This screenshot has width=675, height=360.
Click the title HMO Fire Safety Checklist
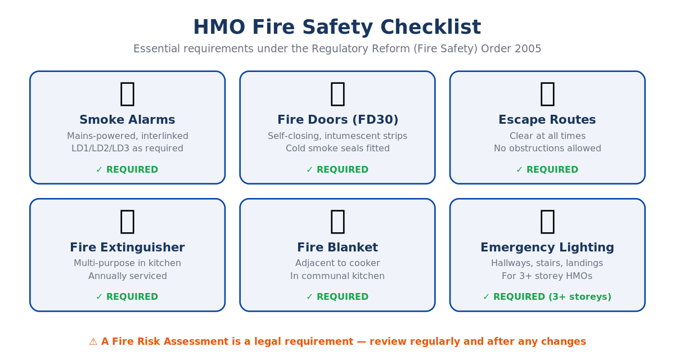[x=337, y=28]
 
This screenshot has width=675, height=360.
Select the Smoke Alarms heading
[x=127, y=120]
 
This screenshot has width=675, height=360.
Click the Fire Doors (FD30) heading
[x=337, y=120]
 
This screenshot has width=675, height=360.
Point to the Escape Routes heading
[x=547, y=120]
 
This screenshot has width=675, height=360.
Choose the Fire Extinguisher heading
[x=127, y=247]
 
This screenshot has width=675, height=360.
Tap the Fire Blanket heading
[x=337, y=247]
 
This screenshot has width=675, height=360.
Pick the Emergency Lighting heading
[x=547, y=247]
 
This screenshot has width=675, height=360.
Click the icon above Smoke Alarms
[x=127, y=93]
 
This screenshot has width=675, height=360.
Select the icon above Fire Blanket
[x=337, y=220]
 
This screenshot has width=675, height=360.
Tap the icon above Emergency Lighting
[x=547, y=220]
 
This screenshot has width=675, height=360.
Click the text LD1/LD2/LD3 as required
[x=127, y=148]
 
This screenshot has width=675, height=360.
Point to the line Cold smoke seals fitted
[x=337, y=148]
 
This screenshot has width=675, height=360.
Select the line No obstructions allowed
[x=547, y=148]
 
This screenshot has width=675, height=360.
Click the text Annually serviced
[x=127, y=276]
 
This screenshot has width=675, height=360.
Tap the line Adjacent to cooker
[x=337, y=263]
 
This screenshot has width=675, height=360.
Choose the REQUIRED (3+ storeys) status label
[x=547, y=297]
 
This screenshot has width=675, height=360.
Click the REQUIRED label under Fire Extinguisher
[x=127, y=297]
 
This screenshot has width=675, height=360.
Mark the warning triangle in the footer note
[x=93, y=342]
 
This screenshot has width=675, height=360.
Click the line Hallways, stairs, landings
[x=547, y=263]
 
